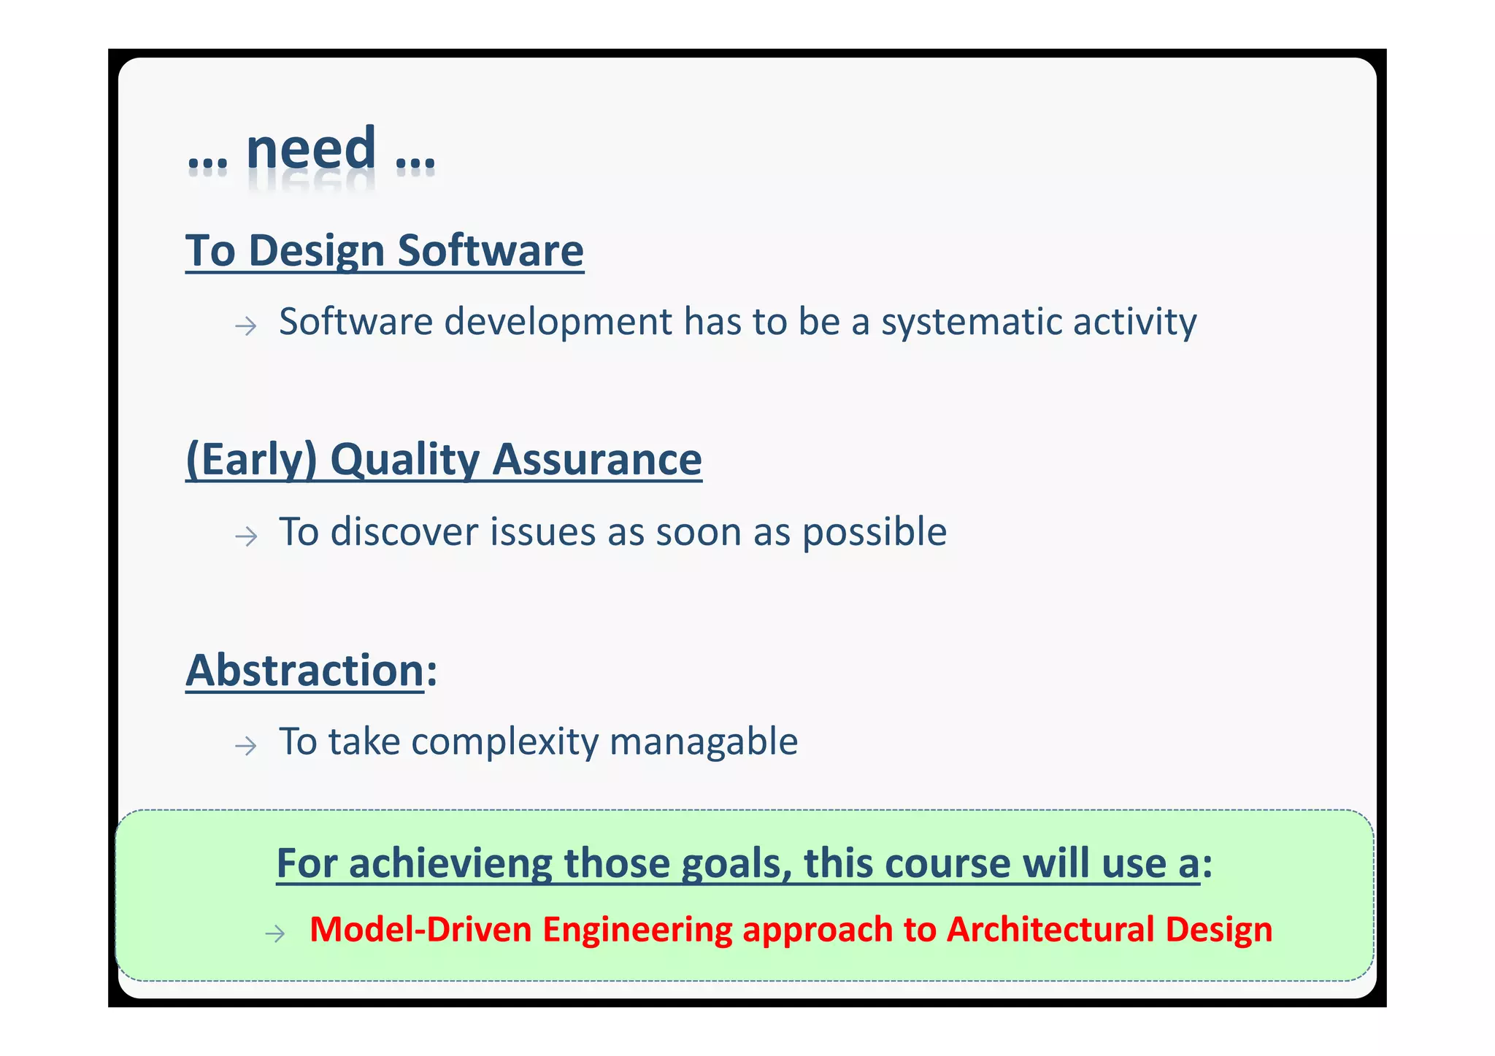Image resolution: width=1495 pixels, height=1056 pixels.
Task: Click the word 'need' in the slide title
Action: (311, 149)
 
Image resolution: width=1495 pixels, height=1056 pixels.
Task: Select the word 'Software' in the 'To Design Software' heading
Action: (491, 250)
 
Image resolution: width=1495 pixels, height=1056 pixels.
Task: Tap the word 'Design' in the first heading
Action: (315, 250)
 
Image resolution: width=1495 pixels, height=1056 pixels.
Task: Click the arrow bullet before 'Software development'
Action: (246, 325)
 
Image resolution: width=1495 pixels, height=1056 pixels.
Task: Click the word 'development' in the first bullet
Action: (558, 323)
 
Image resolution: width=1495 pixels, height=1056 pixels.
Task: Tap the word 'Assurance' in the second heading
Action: (596, 460)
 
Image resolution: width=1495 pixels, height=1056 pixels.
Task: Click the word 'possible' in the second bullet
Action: (874, 532)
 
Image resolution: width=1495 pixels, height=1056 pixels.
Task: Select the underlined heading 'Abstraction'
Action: (305, 670)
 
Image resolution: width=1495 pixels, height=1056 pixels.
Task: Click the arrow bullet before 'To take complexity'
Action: (246, 746)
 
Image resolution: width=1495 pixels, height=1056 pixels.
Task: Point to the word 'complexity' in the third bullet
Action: (504, 742)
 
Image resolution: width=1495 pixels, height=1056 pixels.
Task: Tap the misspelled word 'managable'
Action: (704, 742)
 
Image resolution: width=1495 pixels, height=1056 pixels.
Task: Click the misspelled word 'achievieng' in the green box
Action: (450, 863)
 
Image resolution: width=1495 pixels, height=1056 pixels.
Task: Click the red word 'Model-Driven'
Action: (420, 930)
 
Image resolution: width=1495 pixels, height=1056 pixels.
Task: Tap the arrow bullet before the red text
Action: (274, 933)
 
